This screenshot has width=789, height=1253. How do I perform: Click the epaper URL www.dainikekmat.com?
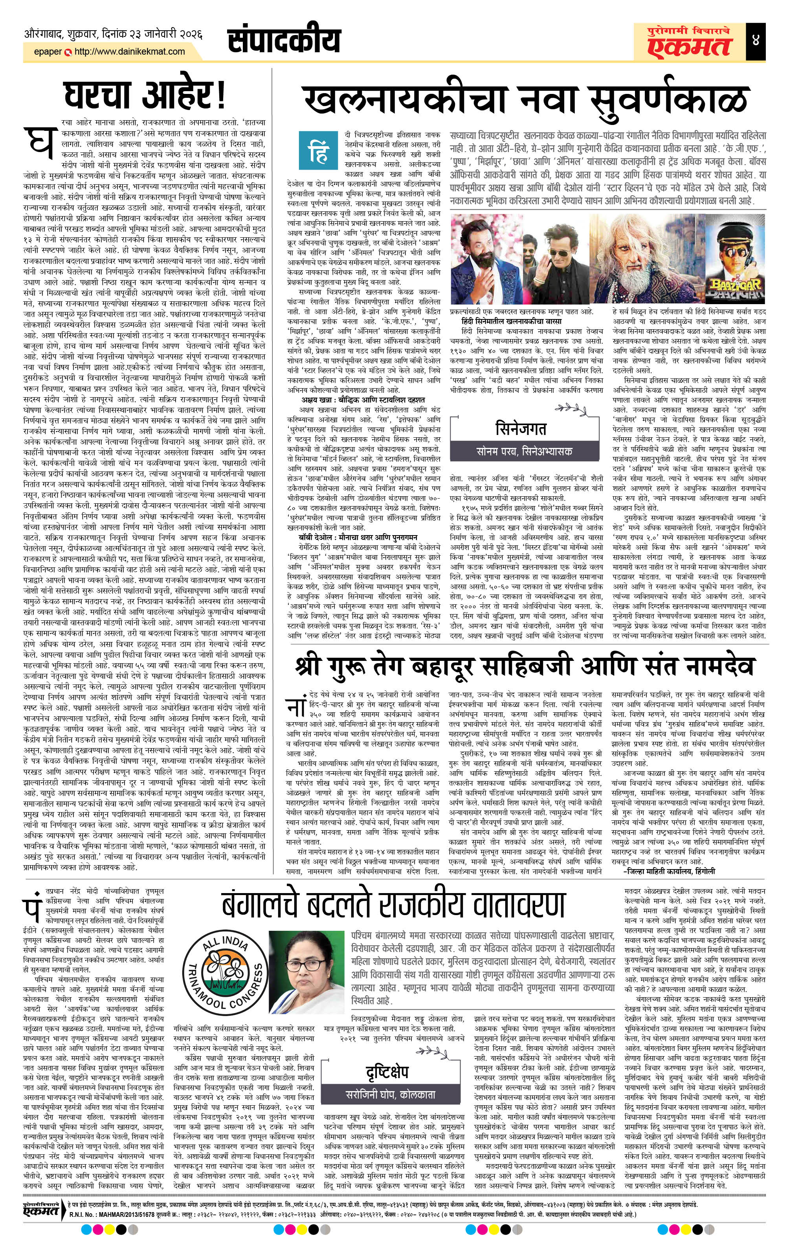pyautogui.click(x=130, y=51)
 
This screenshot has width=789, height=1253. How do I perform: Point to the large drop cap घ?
pyautogui.click(x=39, y=144)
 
